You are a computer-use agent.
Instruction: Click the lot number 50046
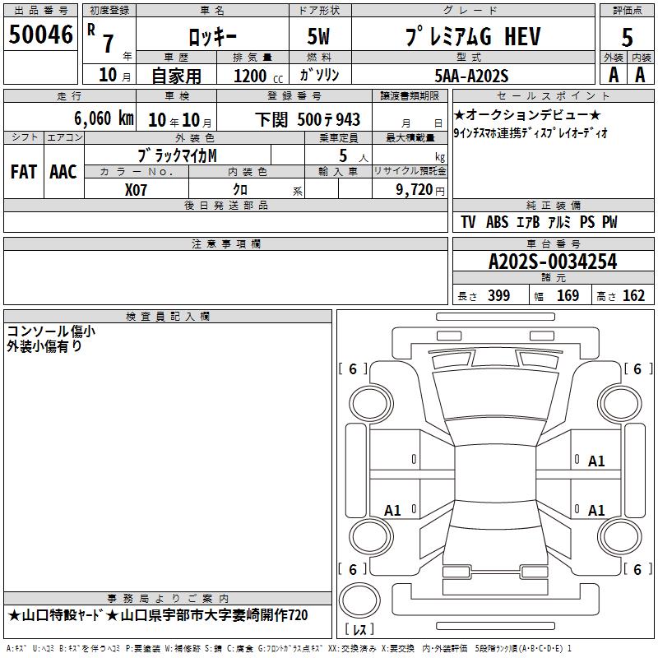40,35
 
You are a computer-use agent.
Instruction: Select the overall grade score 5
627,38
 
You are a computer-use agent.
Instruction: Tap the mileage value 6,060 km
104,118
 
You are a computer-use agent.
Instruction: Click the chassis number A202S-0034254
553,262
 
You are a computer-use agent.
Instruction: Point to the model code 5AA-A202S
471,76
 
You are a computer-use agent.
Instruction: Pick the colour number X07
136,190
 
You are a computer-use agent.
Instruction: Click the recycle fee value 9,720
415,190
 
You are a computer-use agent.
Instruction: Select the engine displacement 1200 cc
258,76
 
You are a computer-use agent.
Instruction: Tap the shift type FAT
24,172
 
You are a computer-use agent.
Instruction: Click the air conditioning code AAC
63,172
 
